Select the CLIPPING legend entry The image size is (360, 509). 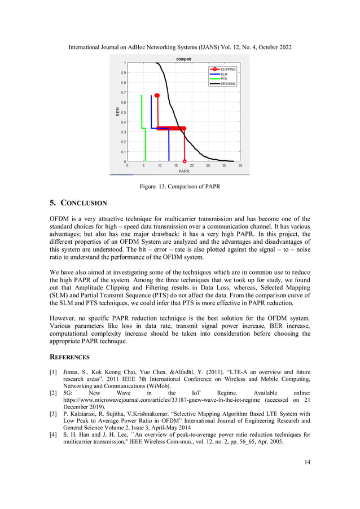(x=227, y=69)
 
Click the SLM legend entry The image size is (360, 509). (x=224, y=74)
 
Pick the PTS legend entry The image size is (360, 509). (x=224, y=78)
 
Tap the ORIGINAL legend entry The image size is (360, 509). (x=228, y=84)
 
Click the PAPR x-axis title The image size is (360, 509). (x=184, y=171)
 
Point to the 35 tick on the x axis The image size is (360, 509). (x=240, y=166)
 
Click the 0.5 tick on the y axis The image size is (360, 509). (x=122, y=112)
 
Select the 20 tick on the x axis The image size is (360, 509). (x=192, y=166)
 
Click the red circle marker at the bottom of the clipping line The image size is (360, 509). (x=185, y=161)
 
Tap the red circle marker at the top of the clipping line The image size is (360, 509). (x=157, y=95)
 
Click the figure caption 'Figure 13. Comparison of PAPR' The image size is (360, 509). (x=179, y=187)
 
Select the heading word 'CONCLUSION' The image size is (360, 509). (x=84, y=203)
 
